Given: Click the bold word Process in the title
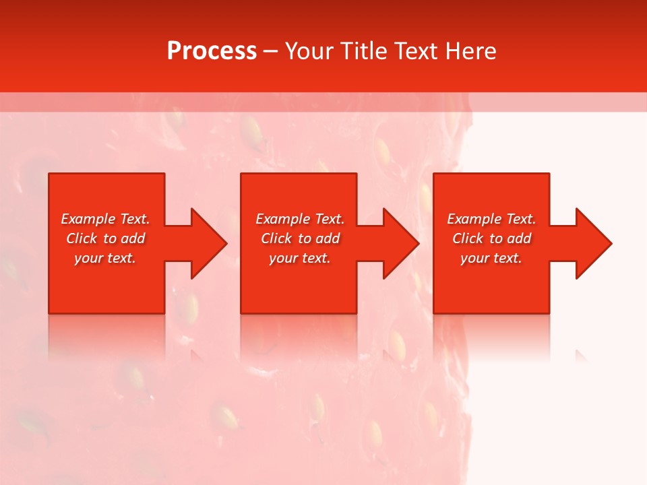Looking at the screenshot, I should click(x=212, y=51).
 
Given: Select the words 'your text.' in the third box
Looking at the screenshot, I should click(x=491, y=258).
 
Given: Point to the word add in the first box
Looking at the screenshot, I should click(x=133, y=238).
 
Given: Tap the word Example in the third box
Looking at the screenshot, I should click(x=474, y=219).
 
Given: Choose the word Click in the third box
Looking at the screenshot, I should click(x=468, y=238).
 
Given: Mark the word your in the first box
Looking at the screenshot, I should click(x=88, y=258).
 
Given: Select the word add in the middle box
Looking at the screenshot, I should click(x=328, y=238).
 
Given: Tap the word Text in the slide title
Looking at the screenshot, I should click(x=417, y=51).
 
